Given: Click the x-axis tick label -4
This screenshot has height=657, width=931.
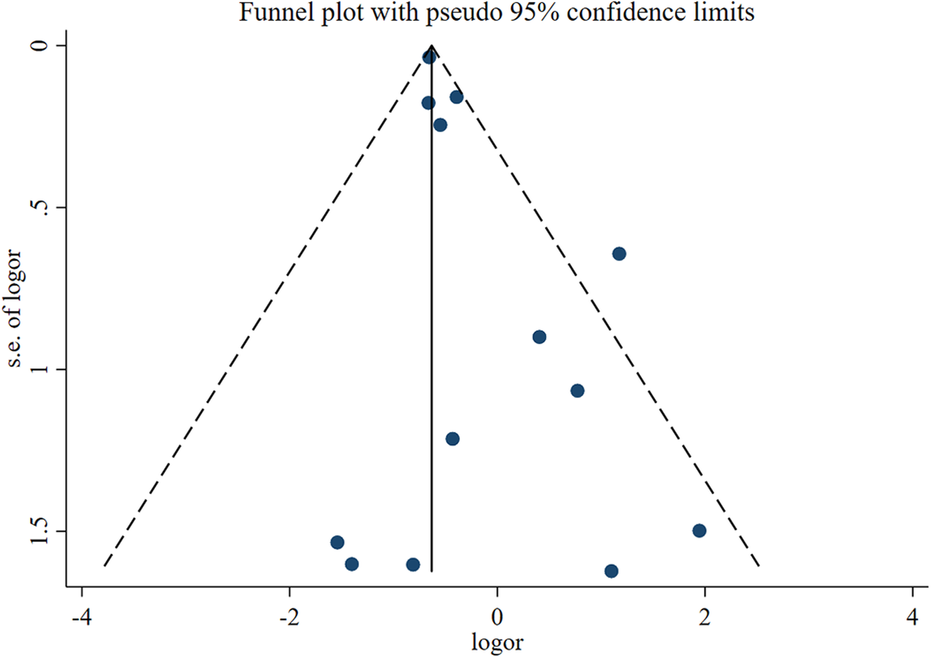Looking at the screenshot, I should click(81, 617).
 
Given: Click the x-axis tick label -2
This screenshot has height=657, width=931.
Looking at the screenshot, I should click(289, 617).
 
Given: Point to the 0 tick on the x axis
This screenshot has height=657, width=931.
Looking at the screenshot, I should click(497, 617).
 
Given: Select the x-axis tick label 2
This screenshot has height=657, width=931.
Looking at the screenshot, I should click(704, 617).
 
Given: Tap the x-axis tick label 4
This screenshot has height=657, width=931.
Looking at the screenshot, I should click(913, 617).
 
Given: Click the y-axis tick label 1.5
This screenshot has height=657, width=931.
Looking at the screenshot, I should click(39, 530).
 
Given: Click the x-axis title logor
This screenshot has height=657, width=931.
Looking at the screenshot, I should click(497, 642).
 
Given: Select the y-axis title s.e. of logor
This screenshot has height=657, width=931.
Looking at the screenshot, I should click(14, 308).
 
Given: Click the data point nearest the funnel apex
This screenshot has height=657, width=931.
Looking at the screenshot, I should click(429, 57).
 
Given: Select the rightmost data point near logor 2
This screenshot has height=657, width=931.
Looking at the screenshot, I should click(699, 530).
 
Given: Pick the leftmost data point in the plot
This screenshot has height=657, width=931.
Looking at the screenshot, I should click(337, 542).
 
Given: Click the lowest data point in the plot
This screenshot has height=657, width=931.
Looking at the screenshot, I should click(611, 571).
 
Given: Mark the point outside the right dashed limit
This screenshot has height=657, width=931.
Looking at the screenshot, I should click(619, 253).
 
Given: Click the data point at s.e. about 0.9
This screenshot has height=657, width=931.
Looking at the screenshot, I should click(540, 337).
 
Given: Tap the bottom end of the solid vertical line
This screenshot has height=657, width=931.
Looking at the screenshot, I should click(431, 571).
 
